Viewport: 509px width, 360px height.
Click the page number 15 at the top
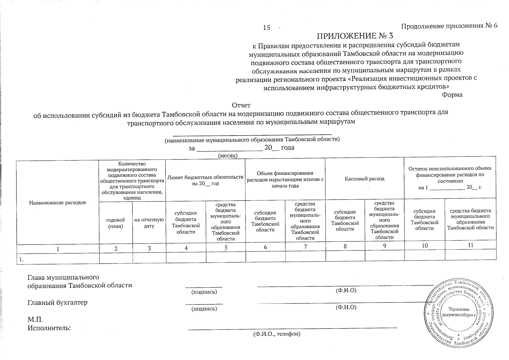point(266,28)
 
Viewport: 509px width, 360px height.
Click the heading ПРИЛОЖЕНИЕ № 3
point(355,36)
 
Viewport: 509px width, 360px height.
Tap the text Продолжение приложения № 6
point(449,26)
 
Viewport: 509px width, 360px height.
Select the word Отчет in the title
point(241,105)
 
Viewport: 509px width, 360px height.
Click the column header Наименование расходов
point(58,202)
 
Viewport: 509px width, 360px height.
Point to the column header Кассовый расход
point(364,178)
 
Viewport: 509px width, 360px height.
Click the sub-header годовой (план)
point(116,223)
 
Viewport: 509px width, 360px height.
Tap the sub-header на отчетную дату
point(149,223)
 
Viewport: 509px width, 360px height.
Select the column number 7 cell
point(305,247)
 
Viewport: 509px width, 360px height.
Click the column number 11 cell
point(470,245)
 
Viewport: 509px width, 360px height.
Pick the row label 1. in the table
point(22,260)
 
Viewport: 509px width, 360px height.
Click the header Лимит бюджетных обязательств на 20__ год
point(205,180)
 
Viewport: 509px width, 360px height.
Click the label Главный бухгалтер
point(58,302)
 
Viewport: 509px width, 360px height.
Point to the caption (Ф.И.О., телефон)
point(277,334)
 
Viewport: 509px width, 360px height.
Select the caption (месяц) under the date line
point(228,155)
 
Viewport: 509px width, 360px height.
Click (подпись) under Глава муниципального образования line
point(204,292)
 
